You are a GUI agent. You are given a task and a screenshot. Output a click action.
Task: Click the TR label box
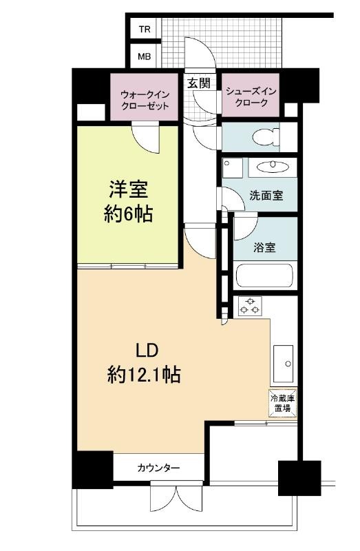point(145,29)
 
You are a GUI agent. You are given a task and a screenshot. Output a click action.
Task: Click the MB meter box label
point(145,56)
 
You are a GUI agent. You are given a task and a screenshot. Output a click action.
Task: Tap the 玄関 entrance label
point(199,83)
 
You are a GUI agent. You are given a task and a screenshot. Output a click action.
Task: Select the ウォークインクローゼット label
point(145,100)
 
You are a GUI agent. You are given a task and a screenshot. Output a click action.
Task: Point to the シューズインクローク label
point(251,97)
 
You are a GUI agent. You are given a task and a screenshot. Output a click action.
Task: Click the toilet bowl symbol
point(266,137)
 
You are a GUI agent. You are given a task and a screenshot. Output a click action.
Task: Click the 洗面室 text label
point(266,196)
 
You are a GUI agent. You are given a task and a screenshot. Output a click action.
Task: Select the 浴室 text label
point(264,247)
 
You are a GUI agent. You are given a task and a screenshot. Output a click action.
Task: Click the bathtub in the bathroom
point(265,275)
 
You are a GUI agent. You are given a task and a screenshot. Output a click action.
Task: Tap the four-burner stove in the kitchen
point(250,306)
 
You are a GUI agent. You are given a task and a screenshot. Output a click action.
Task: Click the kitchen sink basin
point(283,364)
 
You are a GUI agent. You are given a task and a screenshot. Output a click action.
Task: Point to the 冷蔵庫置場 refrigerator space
point(283,403)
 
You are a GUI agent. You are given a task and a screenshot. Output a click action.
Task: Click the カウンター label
point(158,468)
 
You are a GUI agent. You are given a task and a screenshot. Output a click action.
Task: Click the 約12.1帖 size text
point(144,374)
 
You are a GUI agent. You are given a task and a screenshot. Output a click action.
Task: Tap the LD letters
point(147,351)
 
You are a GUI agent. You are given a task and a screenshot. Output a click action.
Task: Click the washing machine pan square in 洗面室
point(233,167)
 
